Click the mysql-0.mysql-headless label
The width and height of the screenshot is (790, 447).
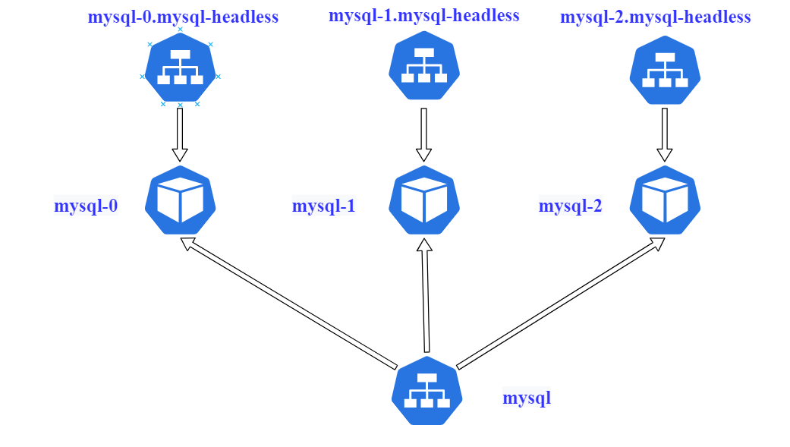[x=183, y=17]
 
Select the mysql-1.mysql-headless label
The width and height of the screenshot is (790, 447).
[x=424, y=15]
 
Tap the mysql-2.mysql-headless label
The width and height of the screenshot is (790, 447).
[x=656, y=17]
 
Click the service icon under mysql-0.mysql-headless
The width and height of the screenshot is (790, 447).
[x=180, y=68]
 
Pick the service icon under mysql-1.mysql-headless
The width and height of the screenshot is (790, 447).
[x=424, y=68]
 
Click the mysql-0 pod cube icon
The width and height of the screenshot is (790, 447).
[x=180, y=200]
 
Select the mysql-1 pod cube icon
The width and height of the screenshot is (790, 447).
[x=424, y=200]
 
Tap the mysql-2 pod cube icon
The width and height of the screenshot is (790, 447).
[x=666, y=200]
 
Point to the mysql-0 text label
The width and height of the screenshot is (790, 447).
[x=86, y=206]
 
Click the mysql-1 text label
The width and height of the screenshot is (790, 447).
[x=324, y=206]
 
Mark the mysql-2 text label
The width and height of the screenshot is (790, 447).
[x=571, y=206]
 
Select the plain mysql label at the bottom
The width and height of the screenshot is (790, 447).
[x=527, y=397]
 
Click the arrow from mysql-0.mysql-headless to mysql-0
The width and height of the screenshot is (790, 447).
[x=180, y=134]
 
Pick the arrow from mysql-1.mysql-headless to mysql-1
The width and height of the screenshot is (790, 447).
[x=424, y=134]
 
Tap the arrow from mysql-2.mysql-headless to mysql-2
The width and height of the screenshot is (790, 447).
[x=665, y=134]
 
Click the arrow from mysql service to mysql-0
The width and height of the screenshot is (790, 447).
[x=288, y=302]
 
